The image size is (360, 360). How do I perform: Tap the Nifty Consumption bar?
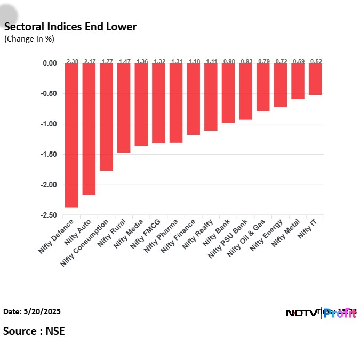pos(106,117)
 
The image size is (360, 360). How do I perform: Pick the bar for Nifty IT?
pos(315,79)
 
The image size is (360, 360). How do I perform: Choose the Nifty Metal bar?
pos(298,81)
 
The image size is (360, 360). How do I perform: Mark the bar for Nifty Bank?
pos(228,93)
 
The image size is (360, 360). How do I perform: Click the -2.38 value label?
pos(71,61)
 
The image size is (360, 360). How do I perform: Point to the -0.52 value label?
pos(315,61)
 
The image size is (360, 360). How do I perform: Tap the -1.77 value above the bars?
pos(106,61)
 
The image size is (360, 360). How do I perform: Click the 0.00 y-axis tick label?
pos(50,63)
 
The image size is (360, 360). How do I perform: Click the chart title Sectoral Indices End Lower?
pos(70,27)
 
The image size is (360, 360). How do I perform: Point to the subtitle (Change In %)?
pos(29,39)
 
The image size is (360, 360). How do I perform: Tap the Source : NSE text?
pos(34,331)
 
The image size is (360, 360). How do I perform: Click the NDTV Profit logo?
pos(321,313)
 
